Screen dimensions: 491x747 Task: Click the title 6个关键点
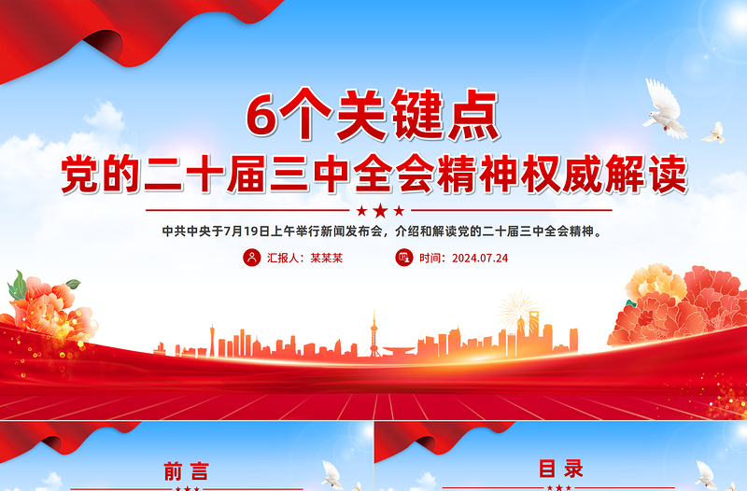click(x=373, y=115)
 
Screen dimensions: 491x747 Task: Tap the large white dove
click(x=665, y=107)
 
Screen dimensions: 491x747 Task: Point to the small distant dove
click(x=714, y=133)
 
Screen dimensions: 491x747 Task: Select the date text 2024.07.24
click(x=479, y=258)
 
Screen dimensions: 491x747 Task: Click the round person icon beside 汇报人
click(x=251, y=258)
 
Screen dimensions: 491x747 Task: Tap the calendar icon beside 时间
click(x=403, y=258)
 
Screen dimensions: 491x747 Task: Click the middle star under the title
click(x=380, y=211)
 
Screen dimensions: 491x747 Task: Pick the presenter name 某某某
click(x=327, y=258)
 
